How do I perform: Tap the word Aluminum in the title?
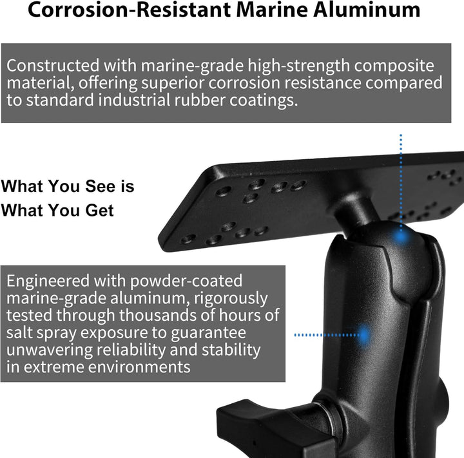click(x=367, y=10)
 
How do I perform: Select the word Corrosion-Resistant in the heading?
click(x=130, y=10)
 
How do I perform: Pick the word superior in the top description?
click(x=173, y=84)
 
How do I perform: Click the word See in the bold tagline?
click(x=100, y=186)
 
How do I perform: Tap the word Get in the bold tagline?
click(x=99, y=211)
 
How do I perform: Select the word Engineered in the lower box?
click(x=48, y=281)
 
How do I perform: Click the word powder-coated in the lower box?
click(x=186, y=281)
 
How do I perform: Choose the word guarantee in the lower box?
click(x=208, y=333)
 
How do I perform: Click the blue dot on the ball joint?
click(x=401, y=236)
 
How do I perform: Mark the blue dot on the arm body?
click(x=363, y=335)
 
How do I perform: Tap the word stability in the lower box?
click(x=231, y=350)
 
